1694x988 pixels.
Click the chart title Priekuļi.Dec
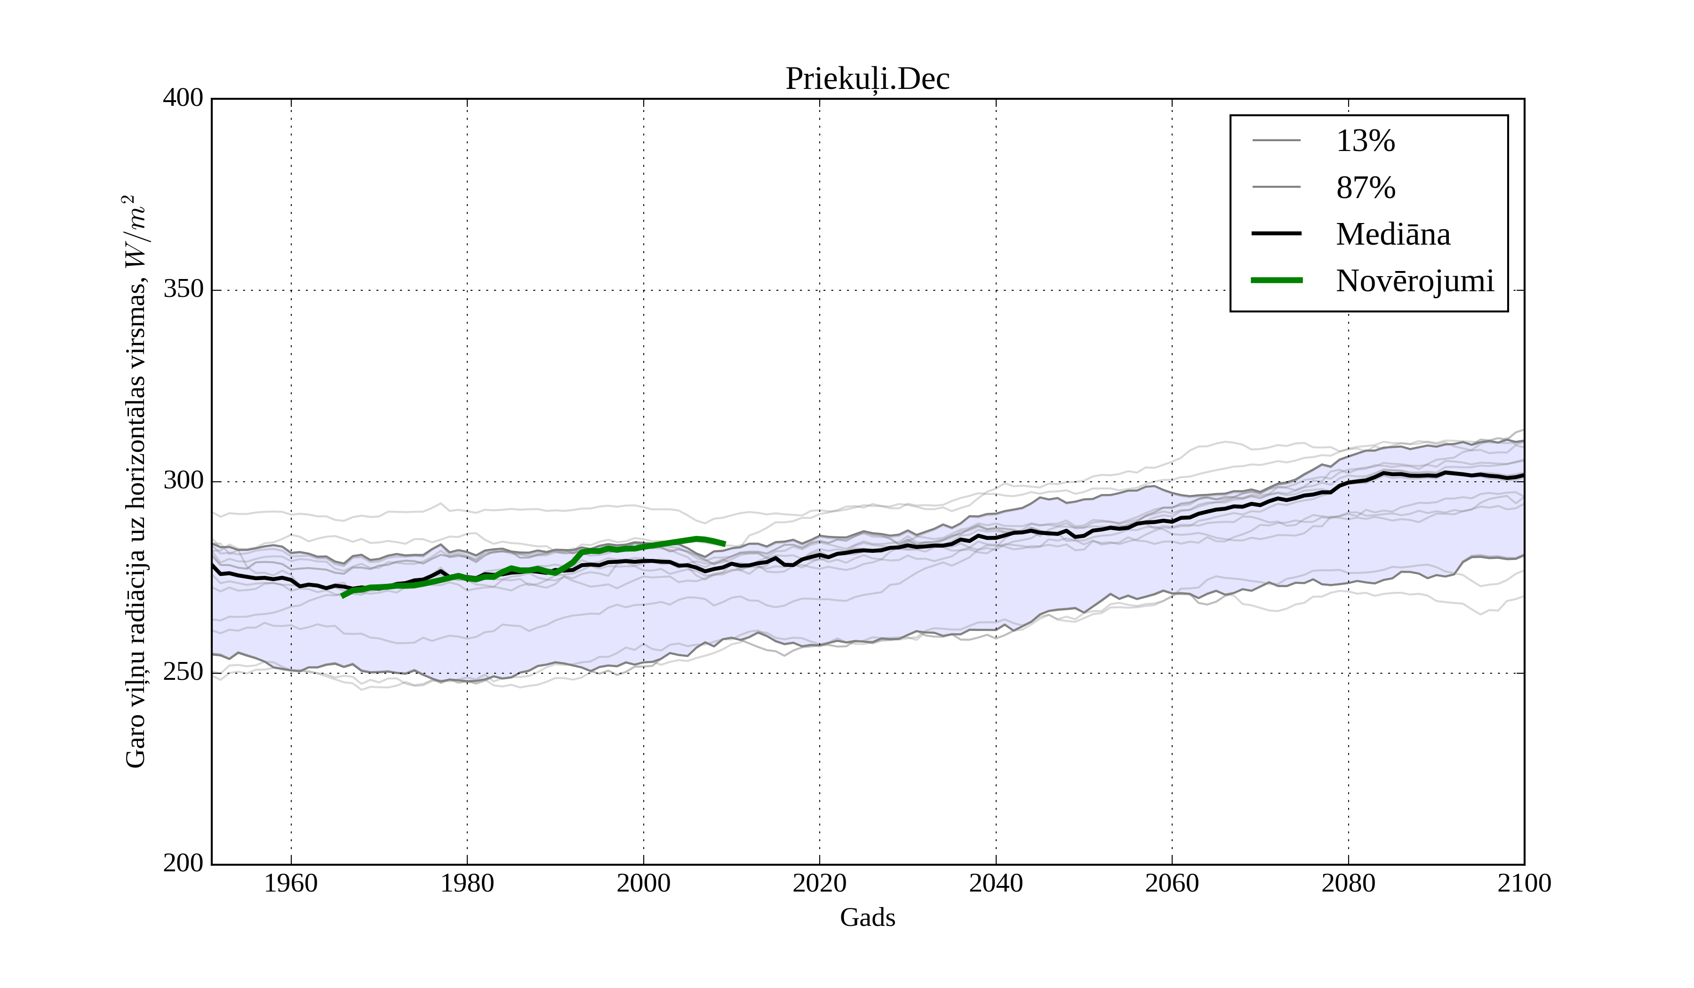pos(867,80)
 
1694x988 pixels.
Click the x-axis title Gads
pos(867,917)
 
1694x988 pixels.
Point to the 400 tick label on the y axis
pos(183,98)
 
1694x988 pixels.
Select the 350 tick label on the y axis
pos(183,290)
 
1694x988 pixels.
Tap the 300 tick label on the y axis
pos(183,481)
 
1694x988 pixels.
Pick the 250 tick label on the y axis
pos(183,672)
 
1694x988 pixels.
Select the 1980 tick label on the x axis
pos(467,883)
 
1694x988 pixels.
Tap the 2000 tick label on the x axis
pos(643,883)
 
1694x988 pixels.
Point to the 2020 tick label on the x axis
pos(819,883)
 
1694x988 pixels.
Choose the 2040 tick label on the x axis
pos(996,883)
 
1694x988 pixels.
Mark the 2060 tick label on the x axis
pos(1172,883)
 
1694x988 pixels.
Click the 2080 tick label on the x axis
pos(1348,883)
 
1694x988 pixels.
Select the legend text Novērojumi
pos(1414,281)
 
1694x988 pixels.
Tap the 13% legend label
pos(1365,141)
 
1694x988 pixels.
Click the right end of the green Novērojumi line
pos(725,544)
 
